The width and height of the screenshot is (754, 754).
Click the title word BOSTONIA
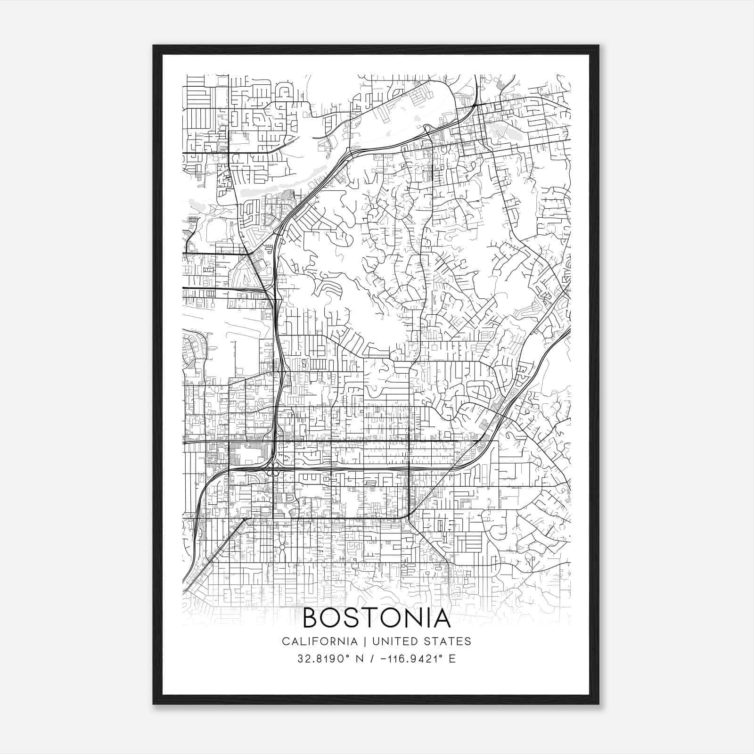pyautogui.click(x=377, y=618)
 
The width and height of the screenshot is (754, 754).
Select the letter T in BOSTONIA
pyautogui.click(x=372, y=618)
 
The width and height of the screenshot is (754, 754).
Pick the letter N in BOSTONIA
pyautogui.click(x=414, y=618)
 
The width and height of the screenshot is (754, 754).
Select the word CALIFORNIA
pyautogui.click(x=320, y=641)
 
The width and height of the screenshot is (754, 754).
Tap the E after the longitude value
pyautogui.click(x=452, y=659)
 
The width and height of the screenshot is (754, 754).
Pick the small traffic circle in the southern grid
pyautogui.click(x=282, y=547)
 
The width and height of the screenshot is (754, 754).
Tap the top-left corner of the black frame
pyautogui.click(x=154, y=46)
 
